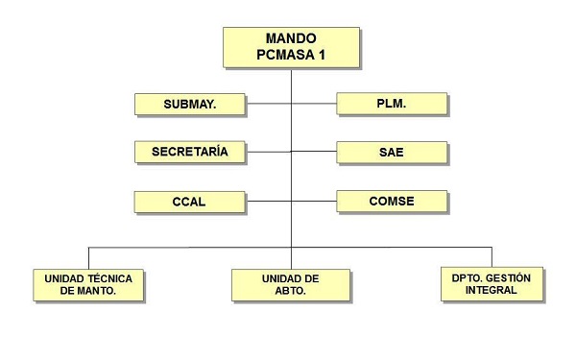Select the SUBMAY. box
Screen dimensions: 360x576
coord(189,104)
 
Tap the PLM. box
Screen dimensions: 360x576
coord(392,104)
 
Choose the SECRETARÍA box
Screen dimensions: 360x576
coord(189,152)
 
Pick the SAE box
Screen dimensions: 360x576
coord(392,152)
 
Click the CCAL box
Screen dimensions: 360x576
coord(189,203)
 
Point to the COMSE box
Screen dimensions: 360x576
coord(392,202)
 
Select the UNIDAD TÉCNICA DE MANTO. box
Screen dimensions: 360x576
coord(88,284)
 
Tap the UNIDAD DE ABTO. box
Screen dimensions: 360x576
coord(291,284)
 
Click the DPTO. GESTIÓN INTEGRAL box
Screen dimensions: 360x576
coord(492,284)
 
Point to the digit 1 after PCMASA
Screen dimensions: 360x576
coord(322,55)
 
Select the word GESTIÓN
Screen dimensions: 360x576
coord(508,277)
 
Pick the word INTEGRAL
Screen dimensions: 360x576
coord(492,290)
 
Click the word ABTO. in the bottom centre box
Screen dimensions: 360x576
coord(291,291)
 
